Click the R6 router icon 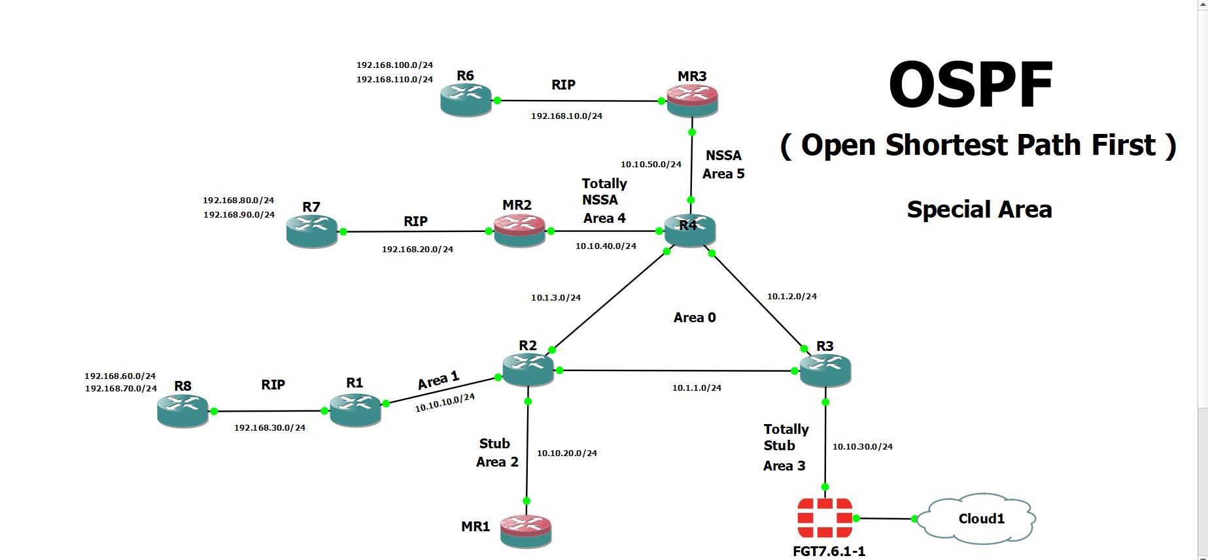pos(466,100)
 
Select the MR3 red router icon pos(692,101)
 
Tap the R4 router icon pos(689,230)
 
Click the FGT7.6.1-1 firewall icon pos(825,518)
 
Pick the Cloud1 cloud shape pos(978,518)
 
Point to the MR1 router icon pos(526,531)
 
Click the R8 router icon pos(182,411)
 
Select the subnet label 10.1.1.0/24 pos(697,387)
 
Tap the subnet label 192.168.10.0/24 pos(566,116)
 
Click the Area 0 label pos(695,318)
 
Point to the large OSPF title pos(971,85)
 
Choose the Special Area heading pos(979,210)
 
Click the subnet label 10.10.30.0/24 pos(862,447)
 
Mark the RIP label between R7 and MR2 pos(415,222)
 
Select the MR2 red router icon pos(519,231)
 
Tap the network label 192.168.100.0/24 pos(394,65)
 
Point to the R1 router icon pos(355,410)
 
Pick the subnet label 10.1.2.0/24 pos(791,296)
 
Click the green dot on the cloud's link pos(915,519)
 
